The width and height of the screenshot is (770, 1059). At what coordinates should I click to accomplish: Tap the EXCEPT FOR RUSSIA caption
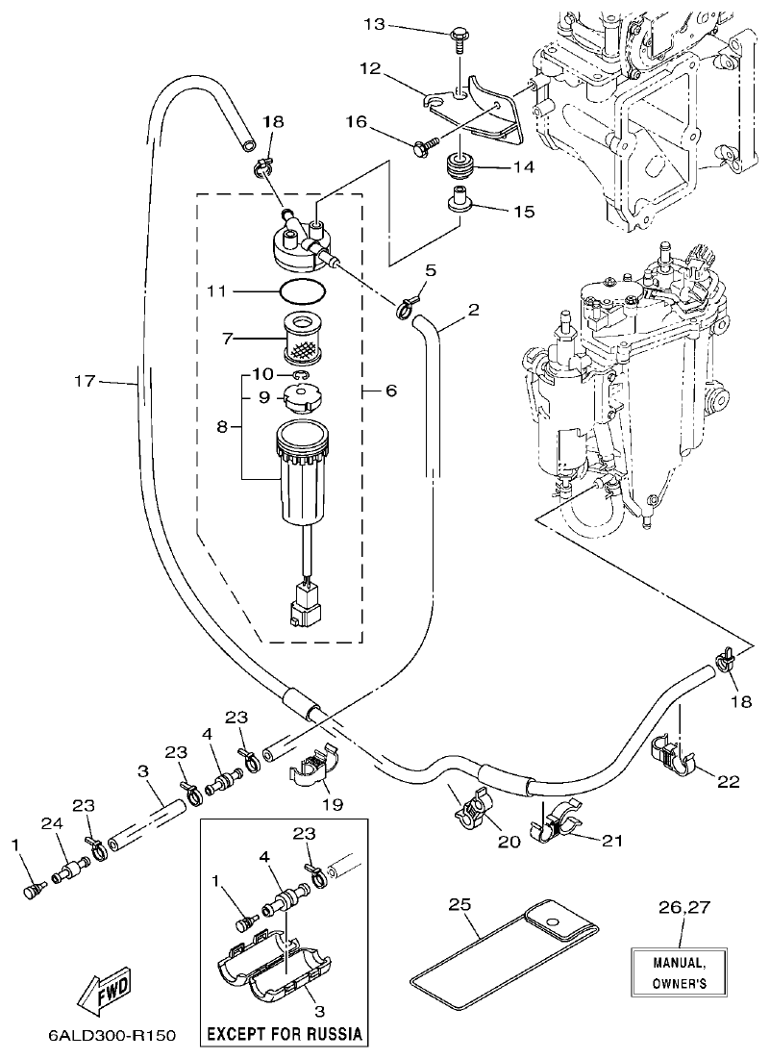pyautogui.click(x=285, y=1035)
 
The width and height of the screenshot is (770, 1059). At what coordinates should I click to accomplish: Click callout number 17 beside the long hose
pyautogui.click(x=85, y=382)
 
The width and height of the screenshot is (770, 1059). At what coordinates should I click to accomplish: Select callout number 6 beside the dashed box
pyautogui.click(x=390, y=391)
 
